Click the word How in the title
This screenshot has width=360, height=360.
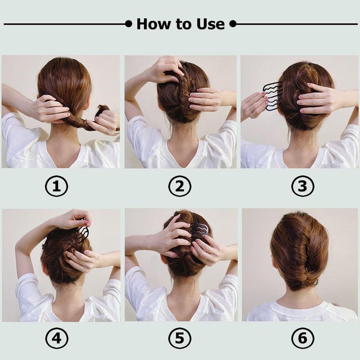click(153, 23)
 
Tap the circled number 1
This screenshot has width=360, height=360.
click(56, 186)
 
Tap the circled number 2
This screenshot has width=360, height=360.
click(180, 186)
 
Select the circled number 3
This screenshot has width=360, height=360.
click(302, 186)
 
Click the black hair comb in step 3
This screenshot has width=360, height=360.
click(273, 96)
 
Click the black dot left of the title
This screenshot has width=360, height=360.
click(129, 23)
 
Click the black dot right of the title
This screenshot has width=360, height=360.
click(233, 23)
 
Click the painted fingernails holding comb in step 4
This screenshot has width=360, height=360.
click(85, 222)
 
